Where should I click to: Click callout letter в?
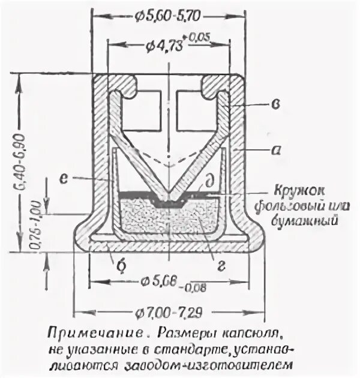click(x=274, y=106)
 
